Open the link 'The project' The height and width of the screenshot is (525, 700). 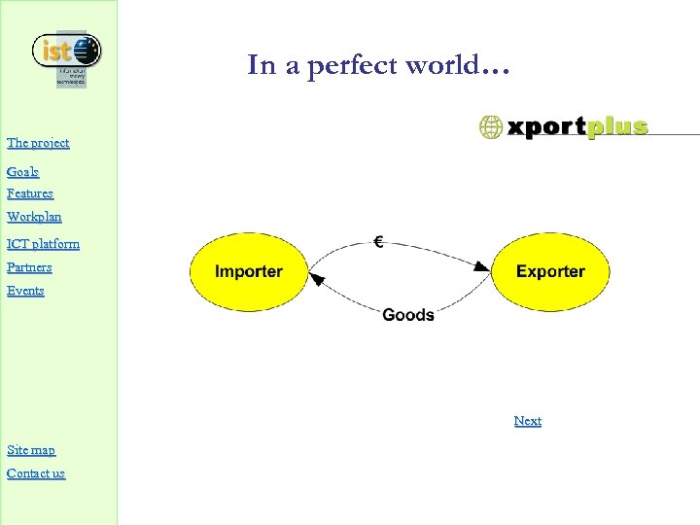38,143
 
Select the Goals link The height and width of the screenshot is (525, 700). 22,172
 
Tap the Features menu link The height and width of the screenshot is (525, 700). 30,193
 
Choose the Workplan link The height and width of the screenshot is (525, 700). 34,217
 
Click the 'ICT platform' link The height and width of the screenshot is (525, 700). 43,244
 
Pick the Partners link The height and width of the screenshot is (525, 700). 29,267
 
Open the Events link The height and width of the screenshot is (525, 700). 25,291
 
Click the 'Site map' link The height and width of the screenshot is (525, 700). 31,450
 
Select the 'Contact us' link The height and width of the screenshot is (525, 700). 36,473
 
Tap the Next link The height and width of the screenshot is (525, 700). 528,421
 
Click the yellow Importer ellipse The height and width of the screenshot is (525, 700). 249,272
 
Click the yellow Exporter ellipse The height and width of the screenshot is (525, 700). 550,272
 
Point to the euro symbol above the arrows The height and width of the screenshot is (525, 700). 378,241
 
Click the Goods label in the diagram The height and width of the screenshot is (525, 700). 408,314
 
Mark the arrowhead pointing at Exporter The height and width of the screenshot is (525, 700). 481,265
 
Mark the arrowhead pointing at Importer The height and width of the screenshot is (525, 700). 316,280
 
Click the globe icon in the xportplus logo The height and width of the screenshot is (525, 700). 491,126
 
